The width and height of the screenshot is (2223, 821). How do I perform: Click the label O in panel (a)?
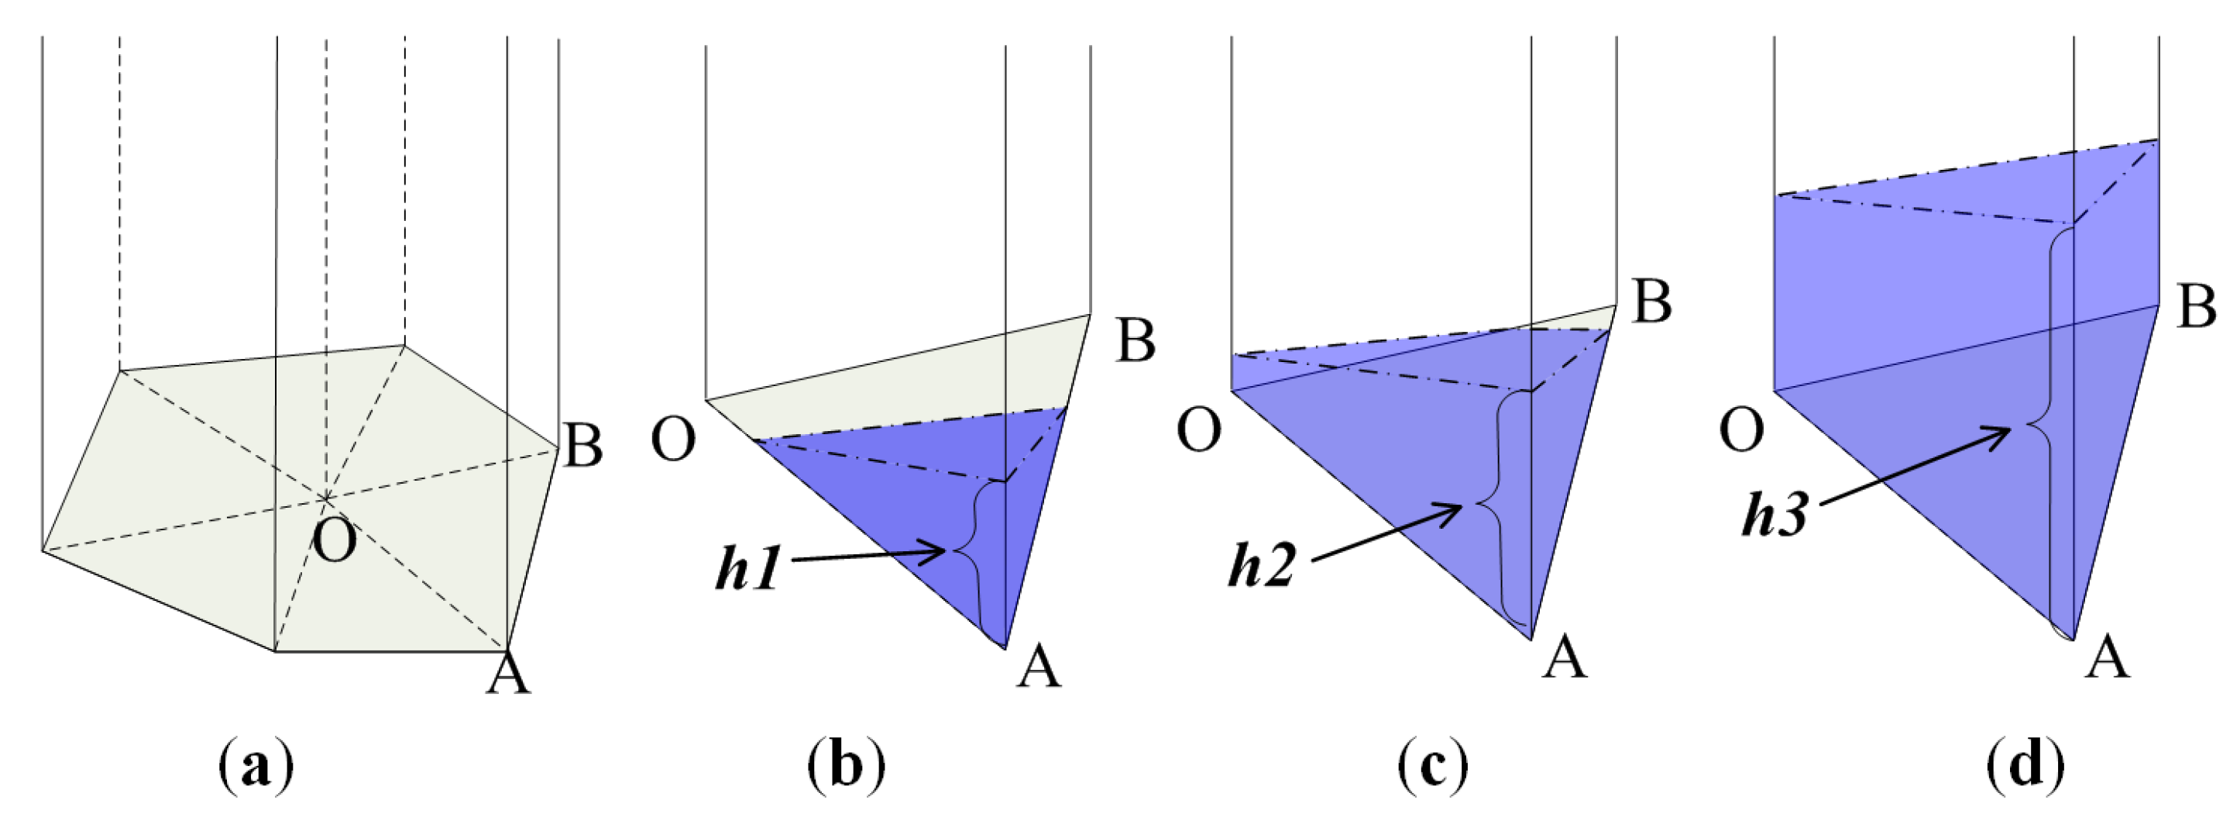[334, 542]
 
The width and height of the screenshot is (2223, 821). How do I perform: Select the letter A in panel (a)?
[508, 674]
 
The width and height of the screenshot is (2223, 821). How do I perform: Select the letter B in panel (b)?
[1136, 340]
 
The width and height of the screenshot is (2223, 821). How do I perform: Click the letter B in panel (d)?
[2196, 306]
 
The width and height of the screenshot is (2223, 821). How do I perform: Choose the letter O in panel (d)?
[1742, 431]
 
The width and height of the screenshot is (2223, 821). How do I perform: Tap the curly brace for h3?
[2043, 423]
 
